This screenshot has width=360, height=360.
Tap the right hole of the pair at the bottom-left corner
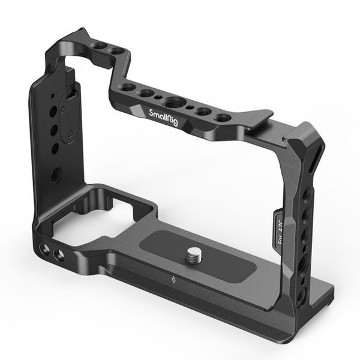tap(58, 255)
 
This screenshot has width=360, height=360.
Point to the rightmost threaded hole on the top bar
tap(223, 117)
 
